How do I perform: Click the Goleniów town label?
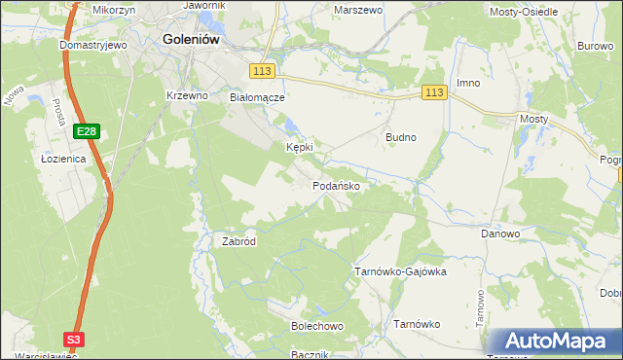coord(191,40)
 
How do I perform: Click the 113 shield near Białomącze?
coord(262,72)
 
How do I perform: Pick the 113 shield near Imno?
coord(434,92)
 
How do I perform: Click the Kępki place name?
coord(299,147)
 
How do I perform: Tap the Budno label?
coord(401,137)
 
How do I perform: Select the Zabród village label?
coord(238,241)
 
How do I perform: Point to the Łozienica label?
coord(64,158)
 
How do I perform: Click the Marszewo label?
coord(356,9)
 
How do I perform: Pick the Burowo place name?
coord(595,46)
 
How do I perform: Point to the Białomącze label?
coord(256,97)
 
